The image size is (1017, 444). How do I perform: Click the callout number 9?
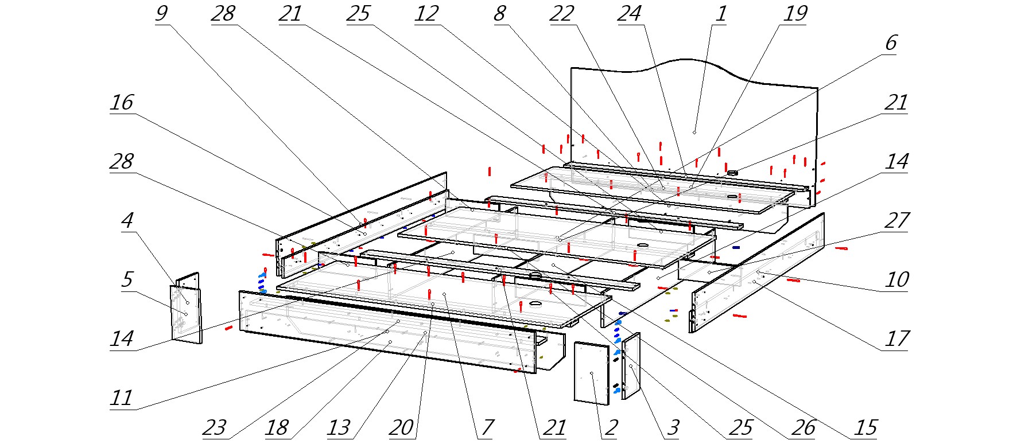pyautogui.click(x=162, y=13)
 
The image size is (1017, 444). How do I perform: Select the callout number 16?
pyautogui.click(x=122, y=103)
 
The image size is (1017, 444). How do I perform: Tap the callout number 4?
pyautogui.click(x=127, y=220)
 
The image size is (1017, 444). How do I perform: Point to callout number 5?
pyautogui.click(x=127, y=279)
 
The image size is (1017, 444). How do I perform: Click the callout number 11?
pyautogui.click(x=122, y=398)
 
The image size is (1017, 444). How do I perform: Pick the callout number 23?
pyautogui.click(x=215, y=427)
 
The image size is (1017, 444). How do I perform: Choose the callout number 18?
pyautogui.click(x=277, y=427)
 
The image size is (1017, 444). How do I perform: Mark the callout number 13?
pyautogui.click(x=339, y=427)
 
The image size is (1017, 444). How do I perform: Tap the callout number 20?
pyautogui.click(x=401, y=427)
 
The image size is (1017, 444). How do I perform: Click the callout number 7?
pyautogui.click(x=487, y=427)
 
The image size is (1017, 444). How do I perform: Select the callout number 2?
pyautogui.click(x=611, y=427)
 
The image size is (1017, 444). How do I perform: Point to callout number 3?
pyautogui.click(x=673, y=427)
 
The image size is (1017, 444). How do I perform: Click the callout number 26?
pyautogui.click(x=803, y=427)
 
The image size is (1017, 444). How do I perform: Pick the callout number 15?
pyautogui.click(x=865, y=427)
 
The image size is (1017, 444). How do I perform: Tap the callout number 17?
pyautogui.click(x=896, y=338)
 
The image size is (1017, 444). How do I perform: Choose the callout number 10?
pyautogui.click(x=896, y=279)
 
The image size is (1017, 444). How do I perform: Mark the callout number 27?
pyautogui.click(x=896, y=220)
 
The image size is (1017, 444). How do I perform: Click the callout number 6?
pyautogui.click(x=891, y=43)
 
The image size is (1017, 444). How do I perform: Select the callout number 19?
pyautogui.click(x=795, y=13)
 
